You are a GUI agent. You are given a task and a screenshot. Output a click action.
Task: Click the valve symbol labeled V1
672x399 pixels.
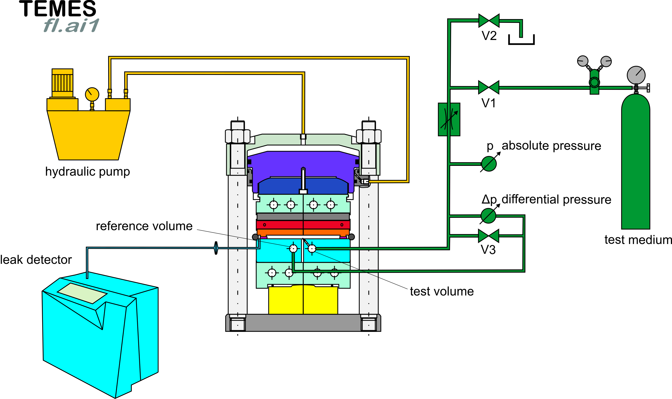[488, 87]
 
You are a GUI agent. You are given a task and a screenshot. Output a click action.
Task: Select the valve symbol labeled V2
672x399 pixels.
[489, 20]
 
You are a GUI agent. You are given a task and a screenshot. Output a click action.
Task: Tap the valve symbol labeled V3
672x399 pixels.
[488, 236]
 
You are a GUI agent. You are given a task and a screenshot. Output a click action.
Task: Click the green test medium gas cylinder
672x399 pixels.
[635, 161]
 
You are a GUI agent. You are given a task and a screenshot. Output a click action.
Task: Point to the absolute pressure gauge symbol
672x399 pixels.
[489, 164]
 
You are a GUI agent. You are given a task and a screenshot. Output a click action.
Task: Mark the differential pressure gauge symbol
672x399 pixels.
[488, 215]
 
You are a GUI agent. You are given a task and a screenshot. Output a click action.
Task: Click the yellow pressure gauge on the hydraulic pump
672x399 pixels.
[92, 94]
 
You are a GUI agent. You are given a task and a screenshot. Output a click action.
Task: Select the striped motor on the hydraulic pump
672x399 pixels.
[62, 83]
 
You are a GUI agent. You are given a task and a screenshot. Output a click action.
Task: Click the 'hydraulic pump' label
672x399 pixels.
[88, 172]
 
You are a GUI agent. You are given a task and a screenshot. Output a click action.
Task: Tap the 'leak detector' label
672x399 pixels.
[36, 260]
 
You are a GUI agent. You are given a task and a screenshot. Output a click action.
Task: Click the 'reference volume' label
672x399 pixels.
[144, 226]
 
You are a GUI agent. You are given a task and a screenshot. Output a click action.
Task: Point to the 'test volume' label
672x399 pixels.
[442, 291]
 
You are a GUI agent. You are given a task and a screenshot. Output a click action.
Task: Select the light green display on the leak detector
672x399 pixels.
[82, 293]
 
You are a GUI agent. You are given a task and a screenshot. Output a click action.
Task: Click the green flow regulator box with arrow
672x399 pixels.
[449, 119]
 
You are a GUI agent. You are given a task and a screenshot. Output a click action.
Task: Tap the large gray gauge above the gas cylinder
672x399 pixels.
[636, 75]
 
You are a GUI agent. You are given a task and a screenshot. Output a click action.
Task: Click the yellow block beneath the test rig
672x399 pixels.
[303, 300]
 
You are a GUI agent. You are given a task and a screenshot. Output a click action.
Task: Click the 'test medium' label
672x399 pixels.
[638, 240]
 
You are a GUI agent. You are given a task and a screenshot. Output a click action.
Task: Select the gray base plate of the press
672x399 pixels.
[303, 323]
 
